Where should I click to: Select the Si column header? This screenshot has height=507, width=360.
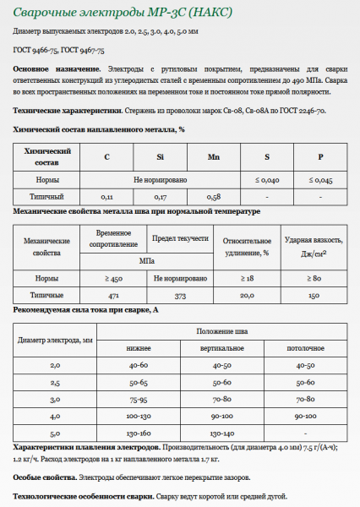(160, 156)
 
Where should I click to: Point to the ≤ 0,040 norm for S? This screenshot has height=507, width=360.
(267, 180)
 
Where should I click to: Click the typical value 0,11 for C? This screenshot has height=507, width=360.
(107, 196)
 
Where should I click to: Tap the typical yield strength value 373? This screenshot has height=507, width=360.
(179, 296)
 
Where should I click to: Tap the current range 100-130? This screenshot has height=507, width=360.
(139, 416)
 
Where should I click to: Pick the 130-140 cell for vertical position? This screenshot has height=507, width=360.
(221, 433)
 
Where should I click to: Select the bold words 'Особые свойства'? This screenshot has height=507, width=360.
(39, 477)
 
